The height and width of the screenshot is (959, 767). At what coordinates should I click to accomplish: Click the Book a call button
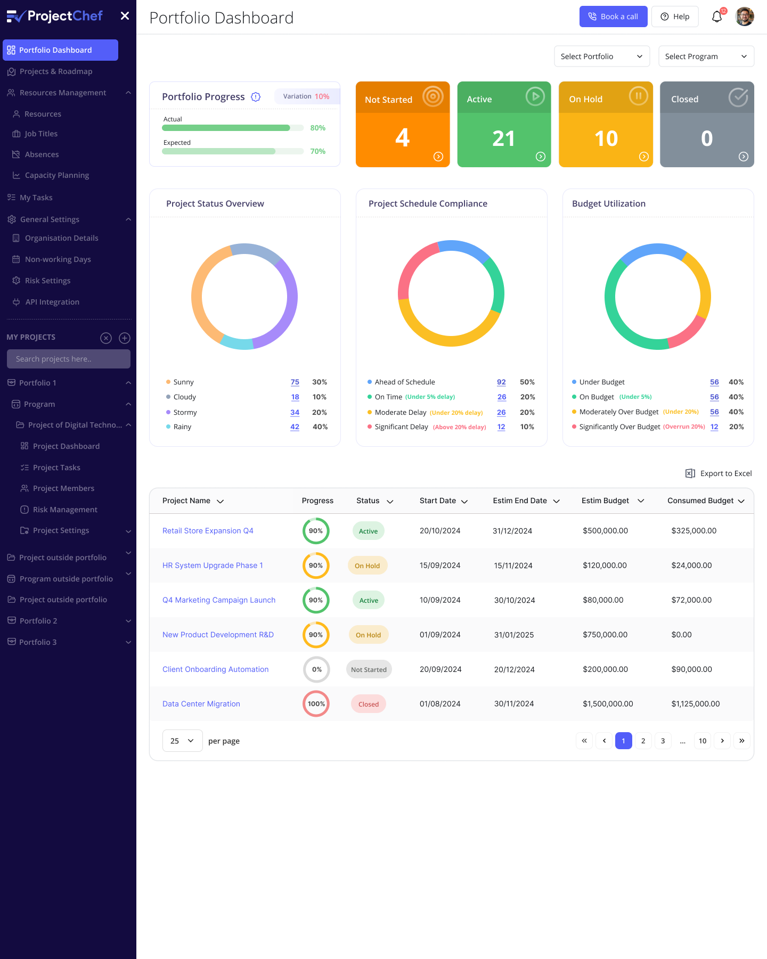point(613,17)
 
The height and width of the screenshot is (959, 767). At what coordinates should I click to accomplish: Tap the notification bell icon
point(717,17)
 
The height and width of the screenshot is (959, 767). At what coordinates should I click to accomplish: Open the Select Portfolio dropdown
point(601,56)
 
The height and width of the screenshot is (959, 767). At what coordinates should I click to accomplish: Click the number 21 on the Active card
point(503,139)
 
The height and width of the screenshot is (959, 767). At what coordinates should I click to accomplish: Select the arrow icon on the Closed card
point(744,157)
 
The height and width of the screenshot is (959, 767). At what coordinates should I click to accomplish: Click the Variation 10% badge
point(306,96)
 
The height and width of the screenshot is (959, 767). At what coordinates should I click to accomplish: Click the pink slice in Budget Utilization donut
point(688,333)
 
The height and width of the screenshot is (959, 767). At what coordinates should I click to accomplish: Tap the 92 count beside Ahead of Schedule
point(501,382)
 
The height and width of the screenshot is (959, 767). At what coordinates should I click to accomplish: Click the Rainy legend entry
point(182,427)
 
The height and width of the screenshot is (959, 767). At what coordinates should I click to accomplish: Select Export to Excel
point(719,473)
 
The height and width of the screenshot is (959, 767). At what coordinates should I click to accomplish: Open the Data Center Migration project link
point(201,704)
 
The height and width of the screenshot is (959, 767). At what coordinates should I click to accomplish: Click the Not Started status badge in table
point(369,669)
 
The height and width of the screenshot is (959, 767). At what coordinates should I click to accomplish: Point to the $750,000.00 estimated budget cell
point(605,635)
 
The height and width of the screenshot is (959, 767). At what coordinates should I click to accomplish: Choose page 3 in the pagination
point(663,741)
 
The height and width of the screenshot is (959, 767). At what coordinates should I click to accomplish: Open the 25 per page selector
point(182,741)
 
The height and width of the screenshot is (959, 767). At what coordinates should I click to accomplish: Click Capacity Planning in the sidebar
point(57,175)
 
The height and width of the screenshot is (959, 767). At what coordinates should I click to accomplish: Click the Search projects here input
point(68,359)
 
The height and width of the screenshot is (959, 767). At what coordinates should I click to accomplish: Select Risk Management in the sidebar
point(65,510)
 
